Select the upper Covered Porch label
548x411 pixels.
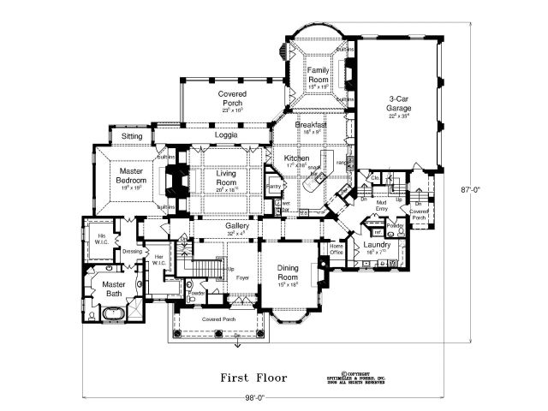tap(232, 98)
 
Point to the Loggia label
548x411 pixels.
tap(226, 135)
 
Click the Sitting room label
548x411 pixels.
tap(132, 136)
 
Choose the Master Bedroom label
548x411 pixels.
tap(134, 176)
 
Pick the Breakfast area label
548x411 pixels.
tap(311, 126)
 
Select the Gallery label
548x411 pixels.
tap(237, 226)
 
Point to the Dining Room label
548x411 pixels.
tap(288, 272)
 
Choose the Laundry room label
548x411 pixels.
tap(377, 246)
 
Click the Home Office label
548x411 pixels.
tap(337, 250)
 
